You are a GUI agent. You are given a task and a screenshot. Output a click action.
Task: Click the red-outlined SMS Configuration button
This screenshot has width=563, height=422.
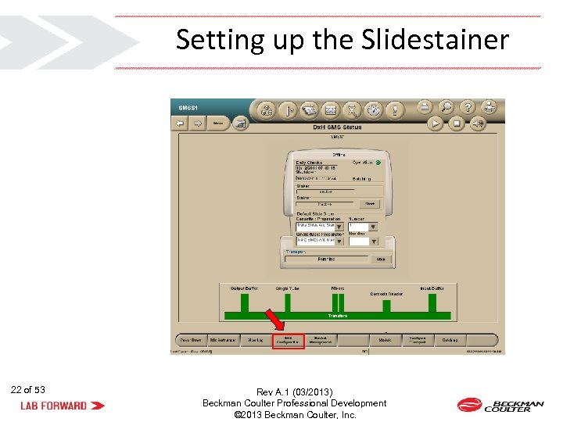point(287,341)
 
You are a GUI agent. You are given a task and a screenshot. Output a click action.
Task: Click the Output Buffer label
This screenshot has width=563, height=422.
point(244,288)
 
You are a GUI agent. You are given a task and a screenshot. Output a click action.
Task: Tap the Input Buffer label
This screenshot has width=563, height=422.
point(432,288)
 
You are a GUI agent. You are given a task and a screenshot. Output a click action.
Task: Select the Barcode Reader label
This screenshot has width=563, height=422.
point(386,295)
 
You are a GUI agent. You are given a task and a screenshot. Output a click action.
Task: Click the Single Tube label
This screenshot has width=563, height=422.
point(287,288)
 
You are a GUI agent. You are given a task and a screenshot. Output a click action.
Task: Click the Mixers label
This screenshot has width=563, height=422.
point(337,288)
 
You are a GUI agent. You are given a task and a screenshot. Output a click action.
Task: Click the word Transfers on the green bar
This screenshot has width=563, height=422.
point(337,316)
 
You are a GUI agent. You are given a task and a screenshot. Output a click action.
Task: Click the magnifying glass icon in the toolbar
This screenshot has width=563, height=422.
point(446,107)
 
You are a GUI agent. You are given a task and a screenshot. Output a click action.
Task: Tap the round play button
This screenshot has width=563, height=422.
point(435,123)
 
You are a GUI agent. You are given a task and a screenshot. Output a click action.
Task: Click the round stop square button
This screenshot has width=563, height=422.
point(457,123)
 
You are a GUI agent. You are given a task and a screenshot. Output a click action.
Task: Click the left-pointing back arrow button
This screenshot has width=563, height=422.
point(179,123)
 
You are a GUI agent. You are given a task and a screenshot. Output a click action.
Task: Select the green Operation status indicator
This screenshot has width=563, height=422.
point(378,163)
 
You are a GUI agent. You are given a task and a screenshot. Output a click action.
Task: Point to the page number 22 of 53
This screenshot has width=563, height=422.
point(28,389)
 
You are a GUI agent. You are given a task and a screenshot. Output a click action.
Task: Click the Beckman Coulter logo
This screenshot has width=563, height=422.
point(500,405)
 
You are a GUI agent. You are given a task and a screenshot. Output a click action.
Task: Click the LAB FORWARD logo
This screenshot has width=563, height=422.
point(62,406)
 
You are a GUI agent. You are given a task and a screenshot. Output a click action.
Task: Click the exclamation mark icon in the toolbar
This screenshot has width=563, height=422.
point(396,110)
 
